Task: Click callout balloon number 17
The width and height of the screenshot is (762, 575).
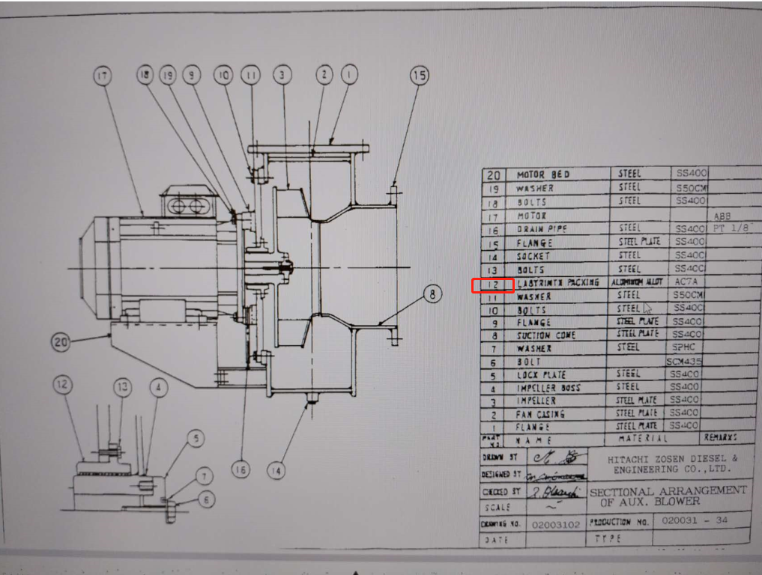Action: pyautogui.click(x=103, y=76)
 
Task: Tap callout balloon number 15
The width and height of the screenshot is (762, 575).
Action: pyautogui.click(x=420, y=75)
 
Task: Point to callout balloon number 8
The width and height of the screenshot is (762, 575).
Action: pyautogui.click(x=432, y=294)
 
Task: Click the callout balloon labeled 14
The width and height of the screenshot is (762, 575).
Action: pyautogui.click(x=276, y=470)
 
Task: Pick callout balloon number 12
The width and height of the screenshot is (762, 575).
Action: pyautogui.click(x=64, y=385)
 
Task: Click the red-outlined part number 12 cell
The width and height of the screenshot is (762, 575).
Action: pyautogui.click(x=492, y=285)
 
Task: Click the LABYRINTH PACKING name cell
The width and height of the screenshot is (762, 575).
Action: pyautogui.click(x=557, y=283)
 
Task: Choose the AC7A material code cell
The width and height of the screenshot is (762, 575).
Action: pyautogui.click(x=686, y=282)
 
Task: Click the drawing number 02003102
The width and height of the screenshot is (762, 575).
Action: pyautogui.click(x=555, y=524)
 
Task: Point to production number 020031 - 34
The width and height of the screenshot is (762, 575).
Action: pyautogui.click(x=690, y=520)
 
